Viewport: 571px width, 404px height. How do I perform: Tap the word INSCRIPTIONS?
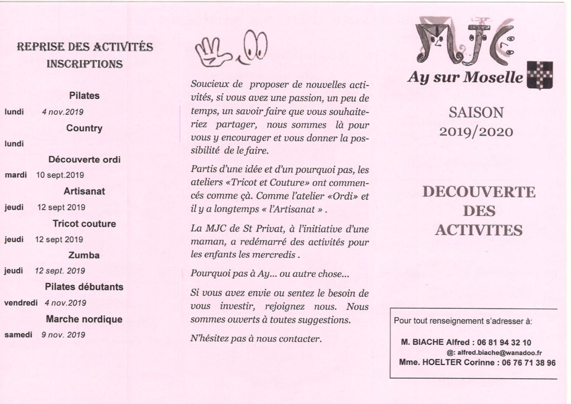[85, 63]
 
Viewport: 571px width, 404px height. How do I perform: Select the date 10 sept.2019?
[60, 175]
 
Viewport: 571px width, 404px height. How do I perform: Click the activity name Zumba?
[85, 255]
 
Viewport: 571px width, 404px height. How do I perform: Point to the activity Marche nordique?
[84, 319]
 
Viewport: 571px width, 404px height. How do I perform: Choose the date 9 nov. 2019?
[60, 335]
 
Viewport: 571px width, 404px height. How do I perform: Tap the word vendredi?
[21, 303]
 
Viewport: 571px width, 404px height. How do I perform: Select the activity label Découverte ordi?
[85, 159]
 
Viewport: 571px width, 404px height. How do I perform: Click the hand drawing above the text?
[213, 51]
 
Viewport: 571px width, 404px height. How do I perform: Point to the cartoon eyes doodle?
[254, 46]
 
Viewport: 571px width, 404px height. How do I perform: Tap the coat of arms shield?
[540, 75]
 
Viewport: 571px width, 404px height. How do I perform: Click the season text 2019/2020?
[476, 132]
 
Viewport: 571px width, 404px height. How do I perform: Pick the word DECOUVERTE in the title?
[478, 192]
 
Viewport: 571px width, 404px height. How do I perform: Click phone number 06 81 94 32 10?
[504, 342]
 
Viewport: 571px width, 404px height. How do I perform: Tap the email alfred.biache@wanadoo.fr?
[500, 353]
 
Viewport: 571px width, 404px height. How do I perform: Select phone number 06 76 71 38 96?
[522, 363]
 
